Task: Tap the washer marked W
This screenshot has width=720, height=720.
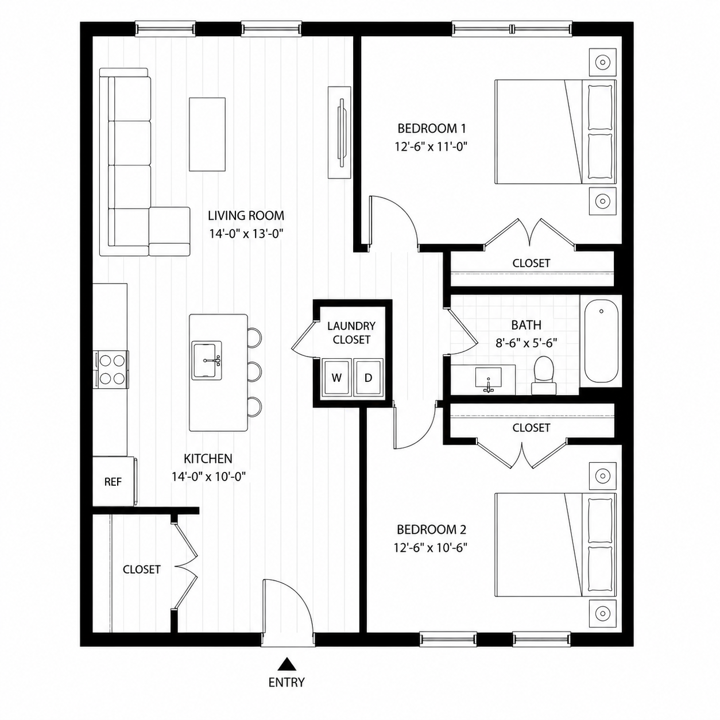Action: click(337, 378)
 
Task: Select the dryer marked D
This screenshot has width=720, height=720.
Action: click(369, 378)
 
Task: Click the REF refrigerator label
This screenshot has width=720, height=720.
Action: click(113, 482)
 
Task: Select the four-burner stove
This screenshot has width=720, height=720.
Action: click(111, 370)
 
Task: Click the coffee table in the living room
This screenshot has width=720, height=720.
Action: click(207, 134)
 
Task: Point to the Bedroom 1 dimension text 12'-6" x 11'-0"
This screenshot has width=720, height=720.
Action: click(432, 146)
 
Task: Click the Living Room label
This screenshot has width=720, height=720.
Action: click(246, 215)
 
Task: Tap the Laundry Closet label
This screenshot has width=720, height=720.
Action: click(351, 333)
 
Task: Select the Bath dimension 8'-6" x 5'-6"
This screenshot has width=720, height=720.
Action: click(527, 343)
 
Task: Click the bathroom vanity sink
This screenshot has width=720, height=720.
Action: click(489, 378)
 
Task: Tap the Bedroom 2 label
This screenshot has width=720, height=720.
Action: click(432, 529)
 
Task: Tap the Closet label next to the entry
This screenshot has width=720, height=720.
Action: click(142, 570)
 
